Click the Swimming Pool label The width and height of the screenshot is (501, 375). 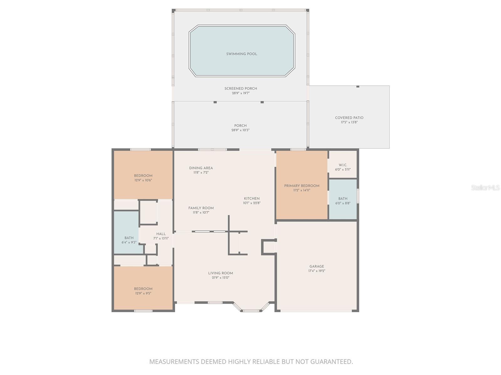point(241,54)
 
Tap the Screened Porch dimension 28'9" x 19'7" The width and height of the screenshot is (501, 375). point(240,93)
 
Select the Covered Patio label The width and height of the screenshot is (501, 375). point(349,118)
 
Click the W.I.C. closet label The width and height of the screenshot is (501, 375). point(343,165)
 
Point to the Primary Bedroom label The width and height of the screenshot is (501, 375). point(302,186)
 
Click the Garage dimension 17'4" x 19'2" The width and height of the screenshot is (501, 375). point(317,271)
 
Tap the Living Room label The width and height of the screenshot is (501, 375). point(220,273)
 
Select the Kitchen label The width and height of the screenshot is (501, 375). point(252,198)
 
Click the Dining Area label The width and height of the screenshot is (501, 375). point(201,168)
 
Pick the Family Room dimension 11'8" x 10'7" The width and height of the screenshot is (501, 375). point(201,212)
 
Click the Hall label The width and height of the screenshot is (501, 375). point(161,234)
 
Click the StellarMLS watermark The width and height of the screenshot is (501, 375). point(485,187)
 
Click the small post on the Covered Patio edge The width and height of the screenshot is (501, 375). point(358,87)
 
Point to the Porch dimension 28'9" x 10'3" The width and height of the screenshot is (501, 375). point(240,130)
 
